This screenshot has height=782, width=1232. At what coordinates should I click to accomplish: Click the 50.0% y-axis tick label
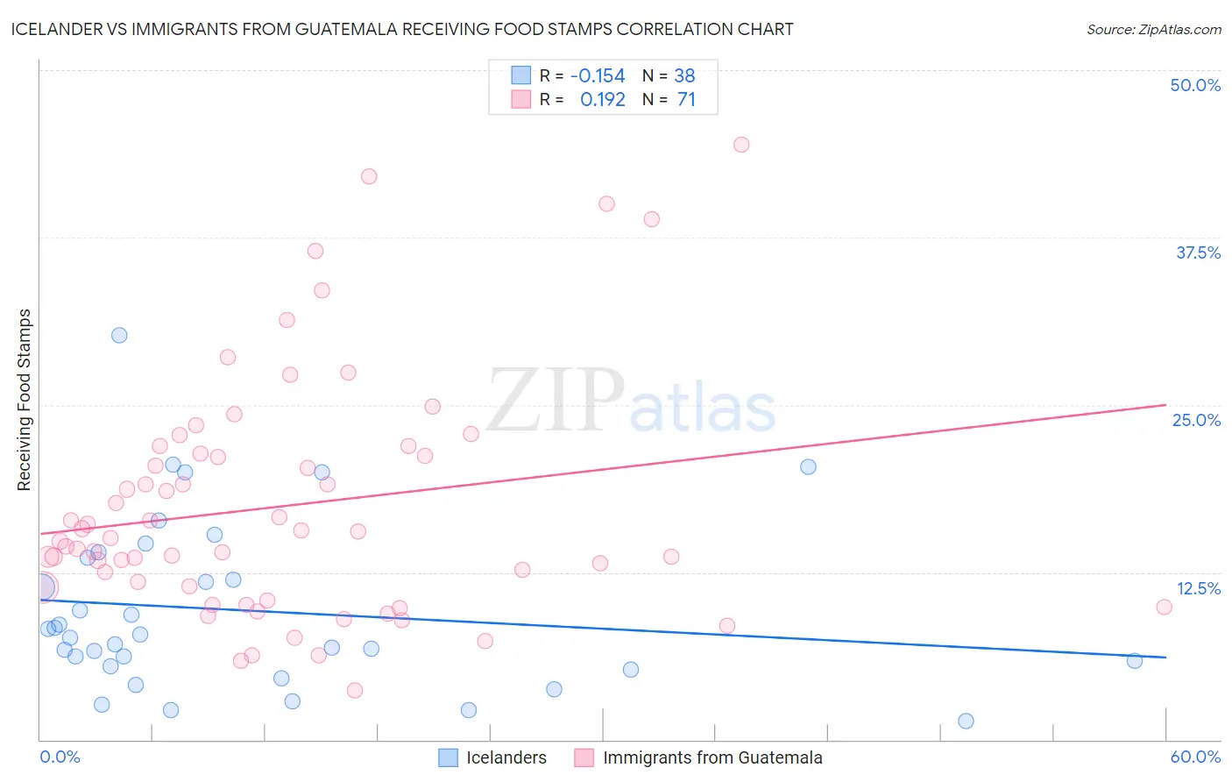pos(1195,85)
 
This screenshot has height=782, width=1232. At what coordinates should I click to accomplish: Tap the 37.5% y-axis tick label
pos(1198,252)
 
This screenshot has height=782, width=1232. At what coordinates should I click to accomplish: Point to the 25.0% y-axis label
pos(1196,420)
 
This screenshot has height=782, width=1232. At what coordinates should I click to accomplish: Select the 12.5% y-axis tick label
pos(1198,588)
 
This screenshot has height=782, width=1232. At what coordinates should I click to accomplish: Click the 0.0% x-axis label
pos(60,757)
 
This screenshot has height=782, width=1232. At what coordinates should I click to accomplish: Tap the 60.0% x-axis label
pos(1195,757)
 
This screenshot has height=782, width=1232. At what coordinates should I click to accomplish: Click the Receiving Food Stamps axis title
pos(24,400)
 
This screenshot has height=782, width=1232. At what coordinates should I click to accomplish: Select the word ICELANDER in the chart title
pos(60,29)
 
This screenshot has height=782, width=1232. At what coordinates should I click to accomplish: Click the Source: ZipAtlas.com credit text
pos(1153,29)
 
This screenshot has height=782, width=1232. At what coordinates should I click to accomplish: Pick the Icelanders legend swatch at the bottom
pos(448,757)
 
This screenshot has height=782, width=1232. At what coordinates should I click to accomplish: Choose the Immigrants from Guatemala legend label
pos(712,757)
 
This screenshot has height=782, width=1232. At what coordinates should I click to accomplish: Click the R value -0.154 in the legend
pos(598,76)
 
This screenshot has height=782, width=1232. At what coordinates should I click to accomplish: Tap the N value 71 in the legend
pos(686,100)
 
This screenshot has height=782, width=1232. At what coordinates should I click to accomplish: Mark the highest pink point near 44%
pos(741,145)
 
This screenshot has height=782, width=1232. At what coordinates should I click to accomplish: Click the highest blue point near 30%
pos(119,335)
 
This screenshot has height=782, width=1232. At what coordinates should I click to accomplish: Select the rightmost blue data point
pos(1135,661)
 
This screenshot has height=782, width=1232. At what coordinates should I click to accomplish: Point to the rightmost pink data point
pos(1164,607)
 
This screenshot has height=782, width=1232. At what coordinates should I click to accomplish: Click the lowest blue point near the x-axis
pos(966,721)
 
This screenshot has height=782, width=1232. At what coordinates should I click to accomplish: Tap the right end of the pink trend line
pos(1165,404)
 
